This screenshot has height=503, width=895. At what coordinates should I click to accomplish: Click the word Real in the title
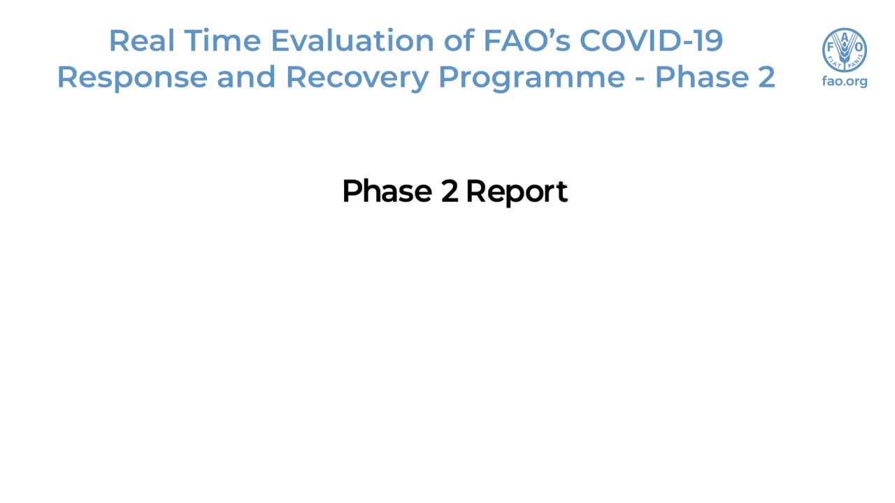(x=142, y=41)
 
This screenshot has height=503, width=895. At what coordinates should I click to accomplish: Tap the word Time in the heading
(x=222, y=41)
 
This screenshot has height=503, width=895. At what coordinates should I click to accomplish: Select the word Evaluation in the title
(x=353, y=41)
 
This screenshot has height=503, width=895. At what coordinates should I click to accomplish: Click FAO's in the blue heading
(x=527, y=41)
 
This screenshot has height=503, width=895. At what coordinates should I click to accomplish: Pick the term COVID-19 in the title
(x=651, y=41)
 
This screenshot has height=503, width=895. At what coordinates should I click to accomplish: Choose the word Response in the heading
(x=133, y=77)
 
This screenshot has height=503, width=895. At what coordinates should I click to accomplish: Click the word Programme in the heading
(x=532, y=77)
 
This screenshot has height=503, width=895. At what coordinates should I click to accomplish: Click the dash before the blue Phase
(x=640, y=79)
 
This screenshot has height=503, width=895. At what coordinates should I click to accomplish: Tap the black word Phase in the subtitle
(x=387, y=191)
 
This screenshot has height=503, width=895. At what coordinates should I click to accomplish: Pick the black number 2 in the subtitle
(x=450, y=191)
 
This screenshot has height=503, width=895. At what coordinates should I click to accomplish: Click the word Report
(x=517, y=192)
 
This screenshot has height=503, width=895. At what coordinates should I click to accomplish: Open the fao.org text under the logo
(x=845, y=82)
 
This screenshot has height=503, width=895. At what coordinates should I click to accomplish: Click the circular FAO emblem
(x=844, y=50)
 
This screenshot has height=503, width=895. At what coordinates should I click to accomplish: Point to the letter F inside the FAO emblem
(x=831, y=48)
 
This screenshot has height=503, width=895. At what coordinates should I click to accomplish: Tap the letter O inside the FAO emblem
(x=858, y=48)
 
